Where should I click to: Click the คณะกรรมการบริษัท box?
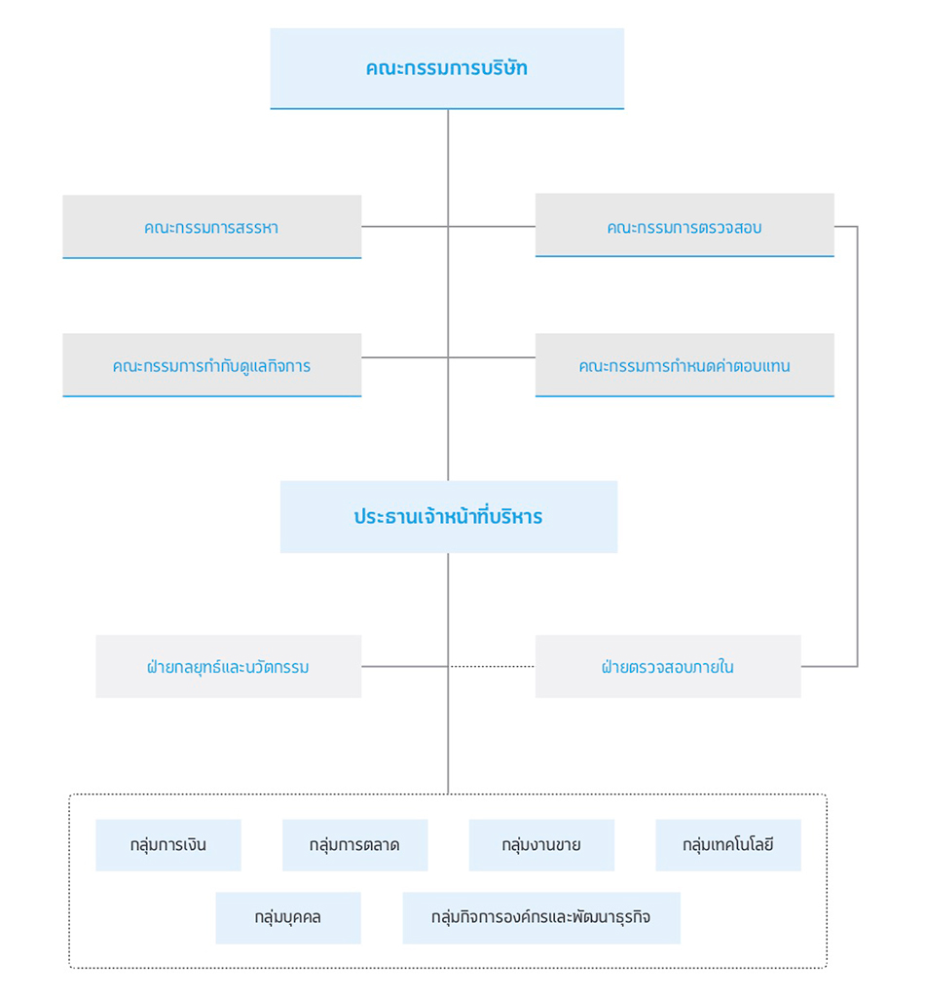coord(447,69)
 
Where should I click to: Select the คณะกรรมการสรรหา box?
coord(212,227)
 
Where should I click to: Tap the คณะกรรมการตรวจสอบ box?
coord(684,225)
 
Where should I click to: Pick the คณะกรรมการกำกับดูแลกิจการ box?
coord(212,365)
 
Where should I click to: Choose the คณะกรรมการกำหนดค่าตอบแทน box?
coord(684,365)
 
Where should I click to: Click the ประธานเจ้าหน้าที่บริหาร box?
coord(449,517)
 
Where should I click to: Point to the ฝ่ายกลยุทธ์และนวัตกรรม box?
coord(229,666)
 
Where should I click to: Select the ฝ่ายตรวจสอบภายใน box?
coord(668,666)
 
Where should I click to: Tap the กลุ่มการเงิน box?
coord(168,845)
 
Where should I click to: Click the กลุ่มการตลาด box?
coord(355,845)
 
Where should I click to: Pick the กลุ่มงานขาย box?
coord(541,845)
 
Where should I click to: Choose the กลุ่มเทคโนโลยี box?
coord(728,845)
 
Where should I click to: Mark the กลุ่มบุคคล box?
coord(288,918)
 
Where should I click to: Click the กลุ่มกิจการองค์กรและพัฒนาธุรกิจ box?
coord(541,918)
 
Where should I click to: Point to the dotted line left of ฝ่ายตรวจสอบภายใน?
coord(492,666)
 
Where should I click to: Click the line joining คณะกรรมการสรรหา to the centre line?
coord(405,226)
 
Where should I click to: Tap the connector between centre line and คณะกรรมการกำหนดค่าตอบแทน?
coord(492,357)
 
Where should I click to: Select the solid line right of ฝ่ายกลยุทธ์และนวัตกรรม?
coord(405,666)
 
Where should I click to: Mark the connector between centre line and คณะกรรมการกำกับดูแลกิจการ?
coord(405,357)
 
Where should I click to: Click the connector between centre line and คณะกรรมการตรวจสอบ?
coord(492,226)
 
